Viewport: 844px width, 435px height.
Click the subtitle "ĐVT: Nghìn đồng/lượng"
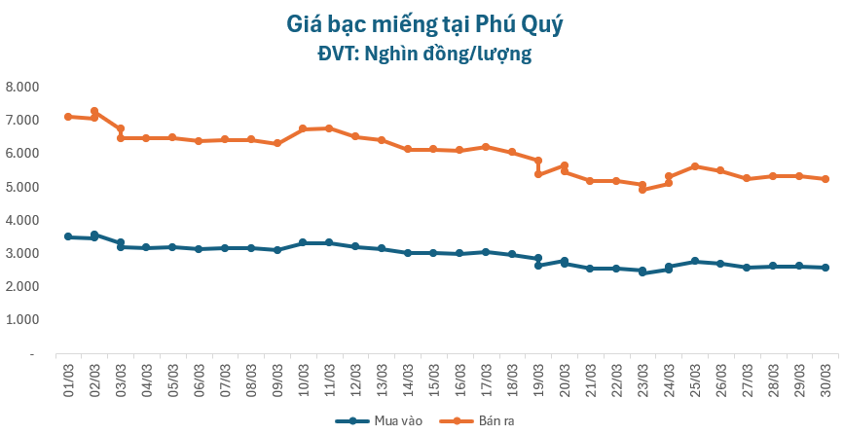click(422, 54)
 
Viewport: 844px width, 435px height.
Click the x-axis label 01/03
click(68, 377)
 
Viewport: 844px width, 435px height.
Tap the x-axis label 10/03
click(304, 377)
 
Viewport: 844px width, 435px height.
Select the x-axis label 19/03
click(538, 377)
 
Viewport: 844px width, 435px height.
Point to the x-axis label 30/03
click(826, 377)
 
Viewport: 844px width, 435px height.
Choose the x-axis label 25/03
click(695, 377)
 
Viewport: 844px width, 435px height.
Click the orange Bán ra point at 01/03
click(68, 117)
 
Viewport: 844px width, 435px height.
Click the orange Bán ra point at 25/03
click(695, 166)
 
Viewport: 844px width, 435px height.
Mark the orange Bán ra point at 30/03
click(826, 179)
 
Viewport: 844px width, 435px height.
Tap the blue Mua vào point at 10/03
click(303, 242)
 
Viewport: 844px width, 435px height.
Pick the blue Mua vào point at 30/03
click(826, 268)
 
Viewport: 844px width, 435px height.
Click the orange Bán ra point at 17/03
click(486, 147)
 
